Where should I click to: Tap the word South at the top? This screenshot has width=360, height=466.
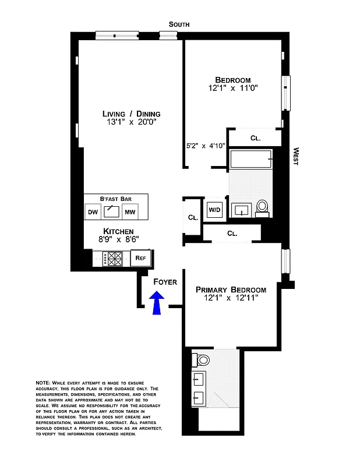point(179,24)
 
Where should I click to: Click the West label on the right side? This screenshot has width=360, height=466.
point(295,156)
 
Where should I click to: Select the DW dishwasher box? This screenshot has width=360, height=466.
point(93,211)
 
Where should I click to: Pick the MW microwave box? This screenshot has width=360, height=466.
point(129,211)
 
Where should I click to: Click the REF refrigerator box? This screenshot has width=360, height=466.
point(140,257)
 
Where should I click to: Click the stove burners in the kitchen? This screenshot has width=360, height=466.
point(113,258)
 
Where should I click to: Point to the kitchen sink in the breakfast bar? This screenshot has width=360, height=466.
point(111,211)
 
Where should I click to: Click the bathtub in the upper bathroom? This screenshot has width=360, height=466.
point(251,159)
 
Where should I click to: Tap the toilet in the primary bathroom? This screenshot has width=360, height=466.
point(203,359)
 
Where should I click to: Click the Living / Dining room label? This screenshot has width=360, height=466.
point(131,114)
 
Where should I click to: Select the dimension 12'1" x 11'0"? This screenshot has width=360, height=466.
point(233,89)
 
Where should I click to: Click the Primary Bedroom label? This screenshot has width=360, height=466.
point(231,290)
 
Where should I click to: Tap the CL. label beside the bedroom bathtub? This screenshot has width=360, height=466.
point(255,138)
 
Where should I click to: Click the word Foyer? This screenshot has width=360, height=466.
point(165,282)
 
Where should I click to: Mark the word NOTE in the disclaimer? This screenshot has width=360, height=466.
point(43,382)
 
